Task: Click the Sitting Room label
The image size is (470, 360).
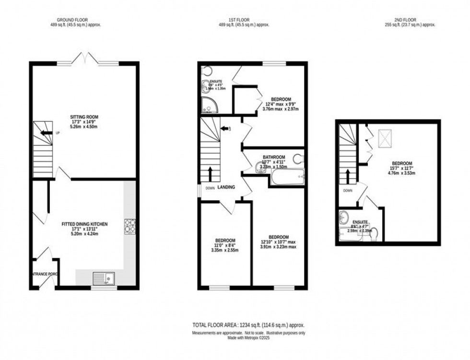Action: pyautogui.click(x=84, y=121)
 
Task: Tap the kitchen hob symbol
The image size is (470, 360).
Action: pyautogui.click(x=130, y=226)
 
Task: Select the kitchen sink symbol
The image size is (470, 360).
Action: pyautogui.click(x=104, y=278)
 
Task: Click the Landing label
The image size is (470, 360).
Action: pyautogui.click(x=226, y=187)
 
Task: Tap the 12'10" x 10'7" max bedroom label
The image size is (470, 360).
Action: pyautogui.click(x=278, y=242)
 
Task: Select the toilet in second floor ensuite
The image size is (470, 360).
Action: pyautogui.click(x=375, y=234)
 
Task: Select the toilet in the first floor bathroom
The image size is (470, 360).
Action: pyautogui.click(x=298, y=158)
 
